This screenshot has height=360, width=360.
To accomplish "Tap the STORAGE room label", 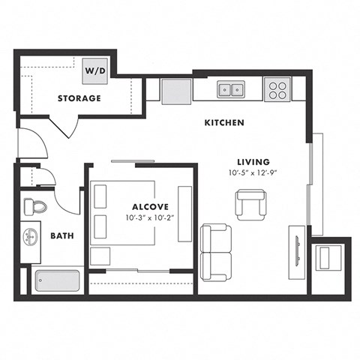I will pyautogui.click(x=79, y=98).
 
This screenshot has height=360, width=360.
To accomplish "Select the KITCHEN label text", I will pyautogui.click(x=224, y=123).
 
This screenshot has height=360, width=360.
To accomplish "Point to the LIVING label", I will pyautogui.click(x=253, y=161).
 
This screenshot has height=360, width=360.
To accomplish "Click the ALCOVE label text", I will pyautogui.click(x=150, y=206).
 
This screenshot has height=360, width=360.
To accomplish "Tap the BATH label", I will pyautogui.click(x=61, y=235).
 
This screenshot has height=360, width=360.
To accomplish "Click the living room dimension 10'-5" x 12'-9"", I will pyautogui.click(x=253, y=173).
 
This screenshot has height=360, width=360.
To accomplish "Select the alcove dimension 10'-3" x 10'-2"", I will pyautogui.click(x=150, y=218).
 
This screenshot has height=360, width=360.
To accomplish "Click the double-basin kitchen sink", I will pyautogui.click(x=230, y=90).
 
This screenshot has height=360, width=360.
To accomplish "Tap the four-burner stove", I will pyautogui.click(x=277, y=90).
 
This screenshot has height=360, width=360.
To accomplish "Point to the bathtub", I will pyautogui.click(x=55, y=282).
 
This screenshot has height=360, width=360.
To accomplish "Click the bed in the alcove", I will pyautogui.click(x=123, y=213).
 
